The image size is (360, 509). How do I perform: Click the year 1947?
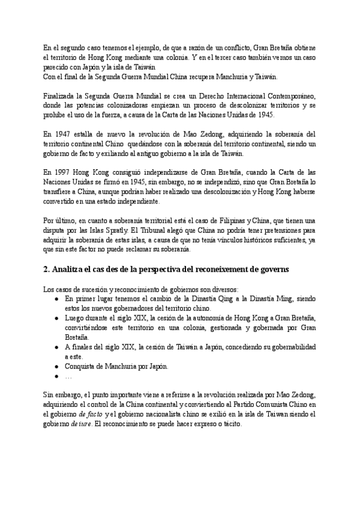point(61,134)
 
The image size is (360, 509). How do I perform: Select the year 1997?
point(61,171)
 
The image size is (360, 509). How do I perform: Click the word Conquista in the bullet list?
point(80,366)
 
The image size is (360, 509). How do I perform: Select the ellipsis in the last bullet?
point(68,376)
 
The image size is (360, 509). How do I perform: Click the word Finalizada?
point(62,96)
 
